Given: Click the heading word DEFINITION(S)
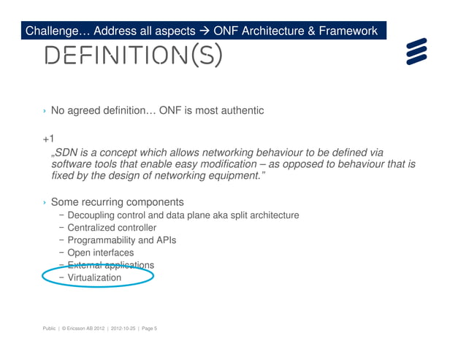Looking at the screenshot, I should point(132,55).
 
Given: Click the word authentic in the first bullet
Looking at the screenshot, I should point(240,110).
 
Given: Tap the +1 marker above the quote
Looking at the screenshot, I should point(48,139).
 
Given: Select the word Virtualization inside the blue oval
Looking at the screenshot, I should point(94,277).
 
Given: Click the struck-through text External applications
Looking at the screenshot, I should point(110,265).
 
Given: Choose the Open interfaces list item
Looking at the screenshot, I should point(100,253).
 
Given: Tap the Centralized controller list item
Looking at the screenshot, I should point(112,228).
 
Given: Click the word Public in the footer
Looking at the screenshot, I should point(50,329).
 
